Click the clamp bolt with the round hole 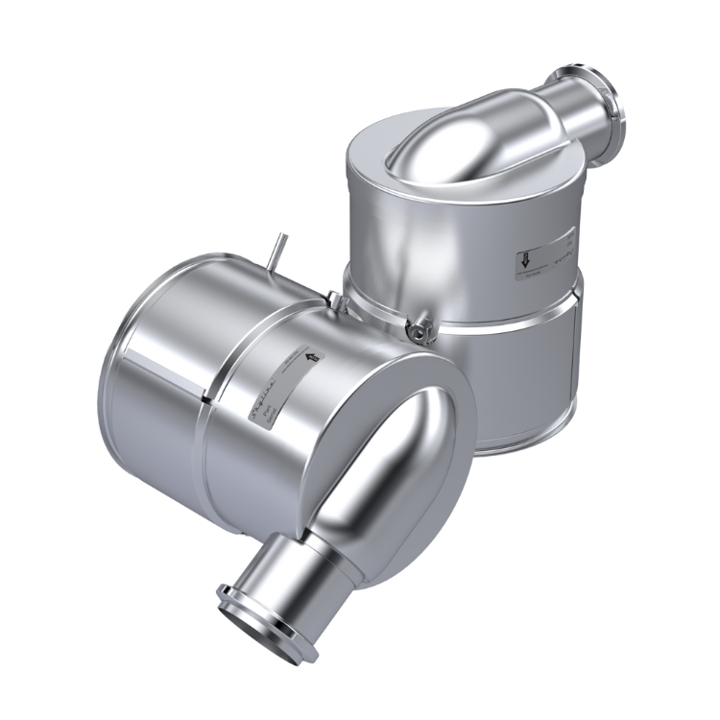pos(419,330)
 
